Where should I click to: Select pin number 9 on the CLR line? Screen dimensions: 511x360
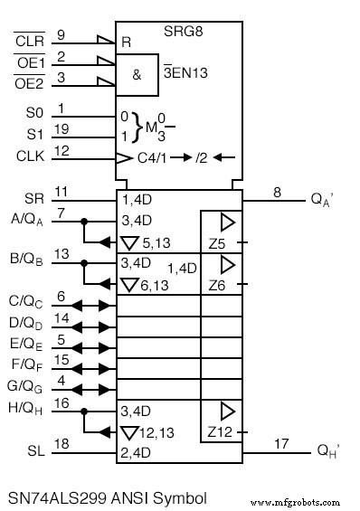[x=61, y=34]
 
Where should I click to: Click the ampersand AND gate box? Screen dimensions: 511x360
[x=137, y=74]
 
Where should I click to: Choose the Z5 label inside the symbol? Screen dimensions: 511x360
[x=216, y=243]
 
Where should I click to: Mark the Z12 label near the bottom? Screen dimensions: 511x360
[x=217, y=431]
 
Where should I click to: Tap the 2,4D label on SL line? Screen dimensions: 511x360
[x=137, y=450]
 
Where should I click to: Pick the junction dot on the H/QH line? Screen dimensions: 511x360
[x=83, y=410]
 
